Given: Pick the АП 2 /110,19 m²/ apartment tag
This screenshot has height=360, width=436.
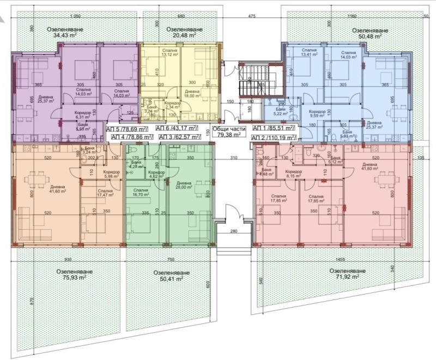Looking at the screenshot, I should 274,137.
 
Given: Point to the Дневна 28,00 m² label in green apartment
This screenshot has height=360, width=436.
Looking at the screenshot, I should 184,186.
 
